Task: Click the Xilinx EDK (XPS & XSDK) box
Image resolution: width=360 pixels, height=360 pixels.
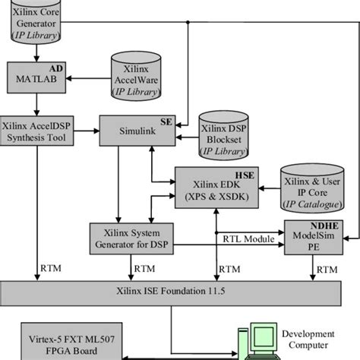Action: click(217, 186)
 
